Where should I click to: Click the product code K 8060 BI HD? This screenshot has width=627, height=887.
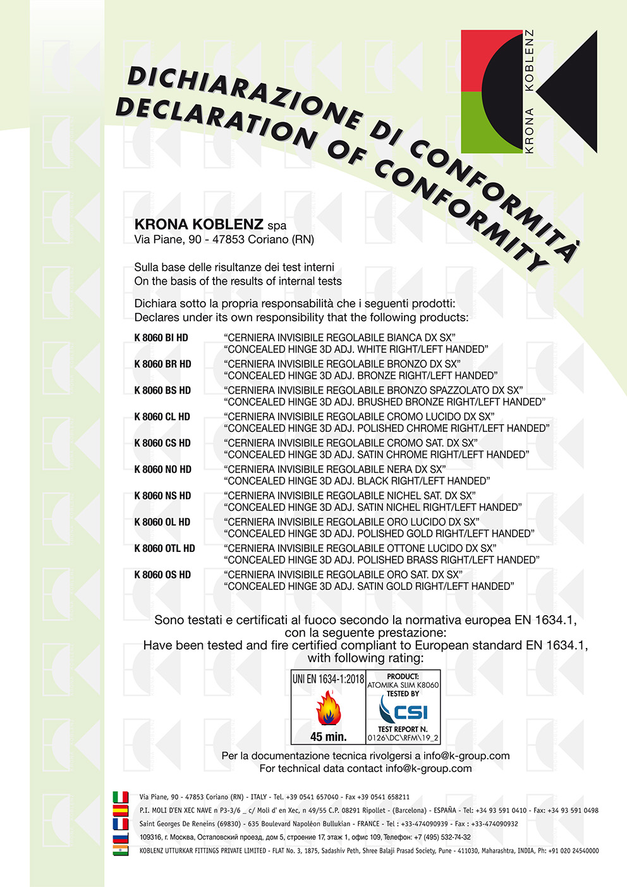click(161, 338)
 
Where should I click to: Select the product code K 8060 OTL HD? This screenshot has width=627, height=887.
click(164, 548)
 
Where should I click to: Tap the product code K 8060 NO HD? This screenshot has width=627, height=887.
click(162, 469)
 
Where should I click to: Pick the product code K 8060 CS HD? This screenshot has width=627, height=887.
click(162, 443)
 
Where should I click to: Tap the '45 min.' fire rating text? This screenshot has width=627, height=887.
click(328, 737)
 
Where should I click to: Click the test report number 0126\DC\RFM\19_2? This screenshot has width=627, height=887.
click(403, 738)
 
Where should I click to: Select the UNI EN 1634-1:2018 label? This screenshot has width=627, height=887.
click(328, 679)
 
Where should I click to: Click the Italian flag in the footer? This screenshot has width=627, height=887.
click(120, 797)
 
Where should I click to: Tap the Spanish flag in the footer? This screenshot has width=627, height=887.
click(120, 810)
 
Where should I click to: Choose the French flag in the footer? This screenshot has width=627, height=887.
click(120, 824)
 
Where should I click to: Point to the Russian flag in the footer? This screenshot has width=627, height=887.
click(120, 838)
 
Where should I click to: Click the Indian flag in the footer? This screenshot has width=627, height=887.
click(120, 851)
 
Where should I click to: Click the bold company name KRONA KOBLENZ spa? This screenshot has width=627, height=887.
click(210, 224)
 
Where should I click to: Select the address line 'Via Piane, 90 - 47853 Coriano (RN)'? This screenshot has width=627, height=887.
click(224, 240)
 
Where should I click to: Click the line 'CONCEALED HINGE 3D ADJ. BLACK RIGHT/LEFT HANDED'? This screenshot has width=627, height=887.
click(357, 481)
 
